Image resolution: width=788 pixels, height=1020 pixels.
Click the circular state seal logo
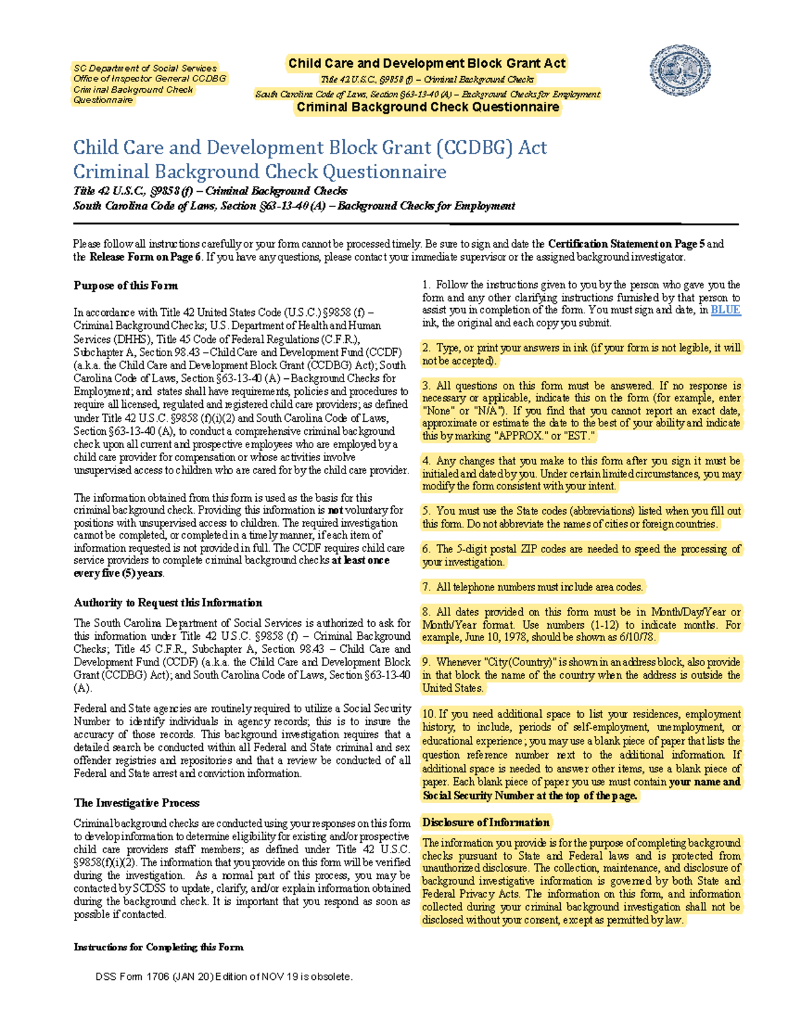pyautogui.click(x=680, y=71)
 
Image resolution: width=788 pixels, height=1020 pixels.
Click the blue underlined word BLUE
pyautogui.click(x=726, y=310)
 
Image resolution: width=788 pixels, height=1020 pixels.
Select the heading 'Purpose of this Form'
pyautogui.click(x=125, y=286)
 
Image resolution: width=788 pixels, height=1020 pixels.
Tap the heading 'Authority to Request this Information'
pyautogui.click(x=167, y=603)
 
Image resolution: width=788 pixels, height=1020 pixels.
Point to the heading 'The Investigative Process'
pyautogui.click(x=137, y=803)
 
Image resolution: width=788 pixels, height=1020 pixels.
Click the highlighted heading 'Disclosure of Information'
pyautogui.click(x=486, y=822)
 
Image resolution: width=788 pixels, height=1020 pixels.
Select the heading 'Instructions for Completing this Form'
pyautogui.click(x=158, y=947)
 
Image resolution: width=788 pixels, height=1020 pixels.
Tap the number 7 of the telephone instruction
pyautogui.click(x=426, y=587)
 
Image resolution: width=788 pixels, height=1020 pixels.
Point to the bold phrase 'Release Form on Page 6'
pyautogui.click(x=145, y=257)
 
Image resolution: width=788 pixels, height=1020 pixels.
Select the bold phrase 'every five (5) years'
pyautogui.click(x=118, y=573)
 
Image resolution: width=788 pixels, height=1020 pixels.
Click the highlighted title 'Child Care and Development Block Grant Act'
pyautogui.click(x=427, y=64)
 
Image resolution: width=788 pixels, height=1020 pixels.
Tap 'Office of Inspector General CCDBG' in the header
pyautogui.click(x=150, y=79)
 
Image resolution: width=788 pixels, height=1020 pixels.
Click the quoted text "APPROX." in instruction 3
pyautogui.click(x=515, y=436)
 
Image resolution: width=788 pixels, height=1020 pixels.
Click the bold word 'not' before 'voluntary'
pyautogui.click(x=336, y=510)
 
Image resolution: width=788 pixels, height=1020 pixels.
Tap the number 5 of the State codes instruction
pyautogui.click(x=426, y=511)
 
